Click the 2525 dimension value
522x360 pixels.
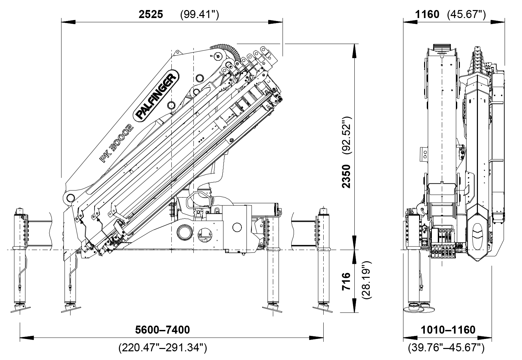coord(151,15)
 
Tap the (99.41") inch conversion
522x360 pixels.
coord(199,15)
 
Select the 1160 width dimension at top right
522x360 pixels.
coord(427,15)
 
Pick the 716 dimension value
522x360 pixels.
coord(347,281)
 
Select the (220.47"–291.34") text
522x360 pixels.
coord(163,348)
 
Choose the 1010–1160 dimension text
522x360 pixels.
coord(448,330)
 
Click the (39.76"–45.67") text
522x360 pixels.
coord(446,348)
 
